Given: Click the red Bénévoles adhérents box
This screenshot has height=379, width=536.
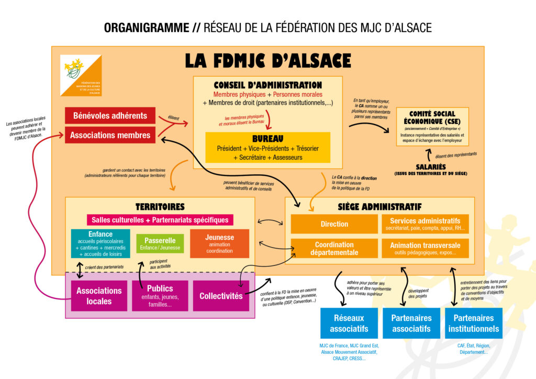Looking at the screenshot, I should point(110,116).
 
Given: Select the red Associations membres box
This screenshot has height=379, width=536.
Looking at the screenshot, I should point(110,135).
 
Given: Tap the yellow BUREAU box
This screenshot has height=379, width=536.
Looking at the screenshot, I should point(267,147).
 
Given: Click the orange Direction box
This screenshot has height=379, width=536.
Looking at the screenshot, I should point(334,224).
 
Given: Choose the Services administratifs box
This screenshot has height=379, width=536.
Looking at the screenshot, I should point(425,224).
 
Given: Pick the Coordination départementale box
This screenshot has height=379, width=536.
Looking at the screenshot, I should point(334,248).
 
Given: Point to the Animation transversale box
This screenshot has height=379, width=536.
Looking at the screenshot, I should point(425,248).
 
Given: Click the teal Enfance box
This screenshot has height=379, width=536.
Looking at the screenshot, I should point(100,243).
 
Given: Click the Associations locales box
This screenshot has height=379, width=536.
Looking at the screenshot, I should point(99,296).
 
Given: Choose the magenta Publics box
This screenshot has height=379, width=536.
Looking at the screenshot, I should point(160,296).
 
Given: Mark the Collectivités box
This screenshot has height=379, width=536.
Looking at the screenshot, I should point(221,296).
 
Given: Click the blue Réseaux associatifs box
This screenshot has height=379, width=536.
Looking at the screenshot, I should point(349,323).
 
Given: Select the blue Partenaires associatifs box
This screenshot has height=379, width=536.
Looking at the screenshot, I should point(411,323).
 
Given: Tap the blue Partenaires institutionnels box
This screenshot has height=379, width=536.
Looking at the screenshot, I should point(473,323).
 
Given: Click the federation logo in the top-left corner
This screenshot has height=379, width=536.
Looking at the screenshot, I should point(81,75).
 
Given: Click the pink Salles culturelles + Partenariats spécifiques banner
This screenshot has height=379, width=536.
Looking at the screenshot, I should point(160,220).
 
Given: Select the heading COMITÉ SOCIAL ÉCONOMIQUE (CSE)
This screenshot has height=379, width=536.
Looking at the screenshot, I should point(432,117).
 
